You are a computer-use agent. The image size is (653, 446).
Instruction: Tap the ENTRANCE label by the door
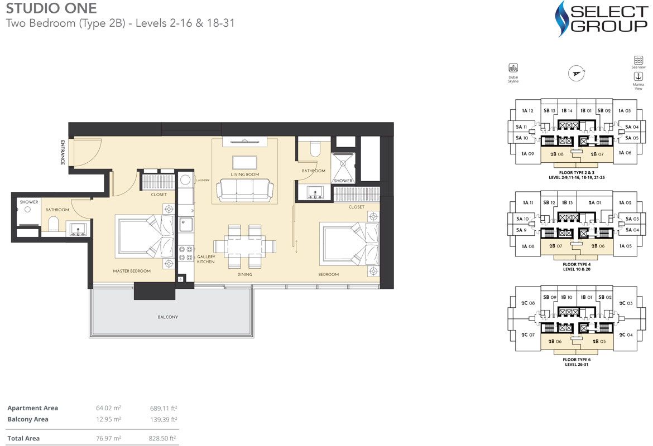(x=63, y=152)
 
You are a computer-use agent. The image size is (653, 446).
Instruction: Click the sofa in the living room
(x=244, y=190)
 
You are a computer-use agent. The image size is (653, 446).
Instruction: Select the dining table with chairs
(x=244, y=246)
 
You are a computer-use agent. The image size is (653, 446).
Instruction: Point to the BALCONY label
(x=167, y=317)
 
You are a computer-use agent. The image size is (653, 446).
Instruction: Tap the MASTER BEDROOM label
(x=133, y=271)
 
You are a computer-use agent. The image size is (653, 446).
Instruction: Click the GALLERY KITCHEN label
(x=205, y=259)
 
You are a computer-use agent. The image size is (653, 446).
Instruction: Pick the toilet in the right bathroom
(x=314, y=149)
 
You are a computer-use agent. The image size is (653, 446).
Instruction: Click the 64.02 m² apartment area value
(x=108, y=408)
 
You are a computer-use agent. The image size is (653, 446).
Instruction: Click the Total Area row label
(x=23, y=439)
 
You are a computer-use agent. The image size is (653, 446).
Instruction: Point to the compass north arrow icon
(x=576, y=73)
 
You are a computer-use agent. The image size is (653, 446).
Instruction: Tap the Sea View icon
(x=638, y=60)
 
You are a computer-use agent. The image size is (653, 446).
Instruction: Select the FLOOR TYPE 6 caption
(x=577, y=360)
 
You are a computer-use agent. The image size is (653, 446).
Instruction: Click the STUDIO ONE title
(x=51, y=8)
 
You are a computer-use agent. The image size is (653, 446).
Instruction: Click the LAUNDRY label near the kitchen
(x=203, y=180)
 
